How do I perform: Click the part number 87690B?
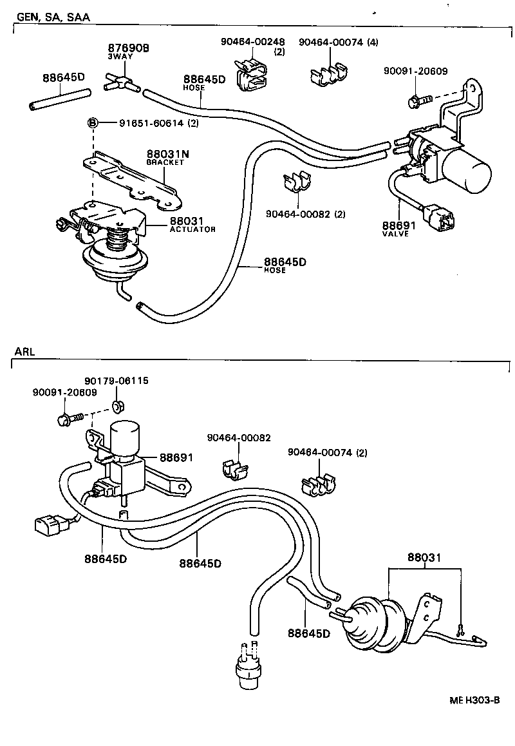click(x=128, y=48)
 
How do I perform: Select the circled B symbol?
click(x=92, y=122)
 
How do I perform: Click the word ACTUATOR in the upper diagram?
click(x=192, y=229)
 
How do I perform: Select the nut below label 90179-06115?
click(x=118, y=406)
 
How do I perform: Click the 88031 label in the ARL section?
click(x=424, y=558)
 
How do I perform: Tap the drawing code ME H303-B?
click(x=474, y=700)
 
